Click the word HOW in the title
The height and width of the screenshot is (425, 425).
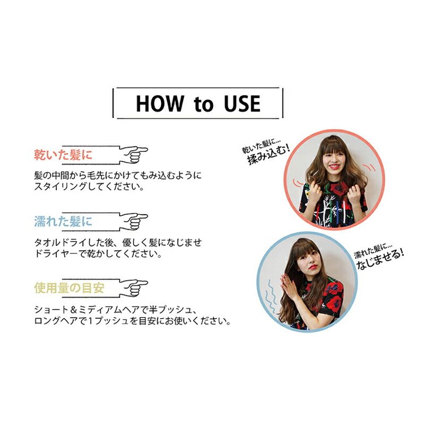(x=160, y=104)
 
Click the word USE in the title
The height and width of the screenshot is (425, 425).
(x=242, y=104)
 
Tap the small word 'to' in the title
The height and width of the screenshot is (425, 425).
(x=203, y=104)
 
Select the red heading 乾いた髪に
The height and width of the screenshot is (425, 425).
(x=63, y=155)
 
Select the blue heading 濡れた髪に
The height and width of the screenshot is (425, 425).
(x=63, y=222)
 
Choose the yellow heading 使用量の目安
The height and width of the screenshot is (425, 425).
(x=70, y=288)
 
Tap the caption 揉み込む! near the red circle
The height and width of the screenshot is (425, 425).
(x=269, y=155)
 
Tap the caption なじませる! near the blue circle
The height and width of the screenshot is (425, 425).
(x=380, y=259)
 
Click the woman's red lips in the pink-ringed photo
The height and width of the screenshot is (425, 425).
(x=334, y=166)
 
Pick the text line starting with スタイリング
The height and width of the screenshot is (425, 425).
(x=89, y=187)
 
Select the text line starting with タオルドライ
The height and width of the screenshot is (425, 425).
(x=118, y=242)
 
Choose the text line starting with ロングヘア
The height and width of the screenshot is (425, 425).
(x=132, y=321)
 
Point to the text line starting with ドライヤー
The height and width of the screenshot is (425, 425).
(x=98, y=254)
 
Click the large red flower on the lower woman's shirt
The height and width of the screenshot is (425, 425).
(x=334, y=301)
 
